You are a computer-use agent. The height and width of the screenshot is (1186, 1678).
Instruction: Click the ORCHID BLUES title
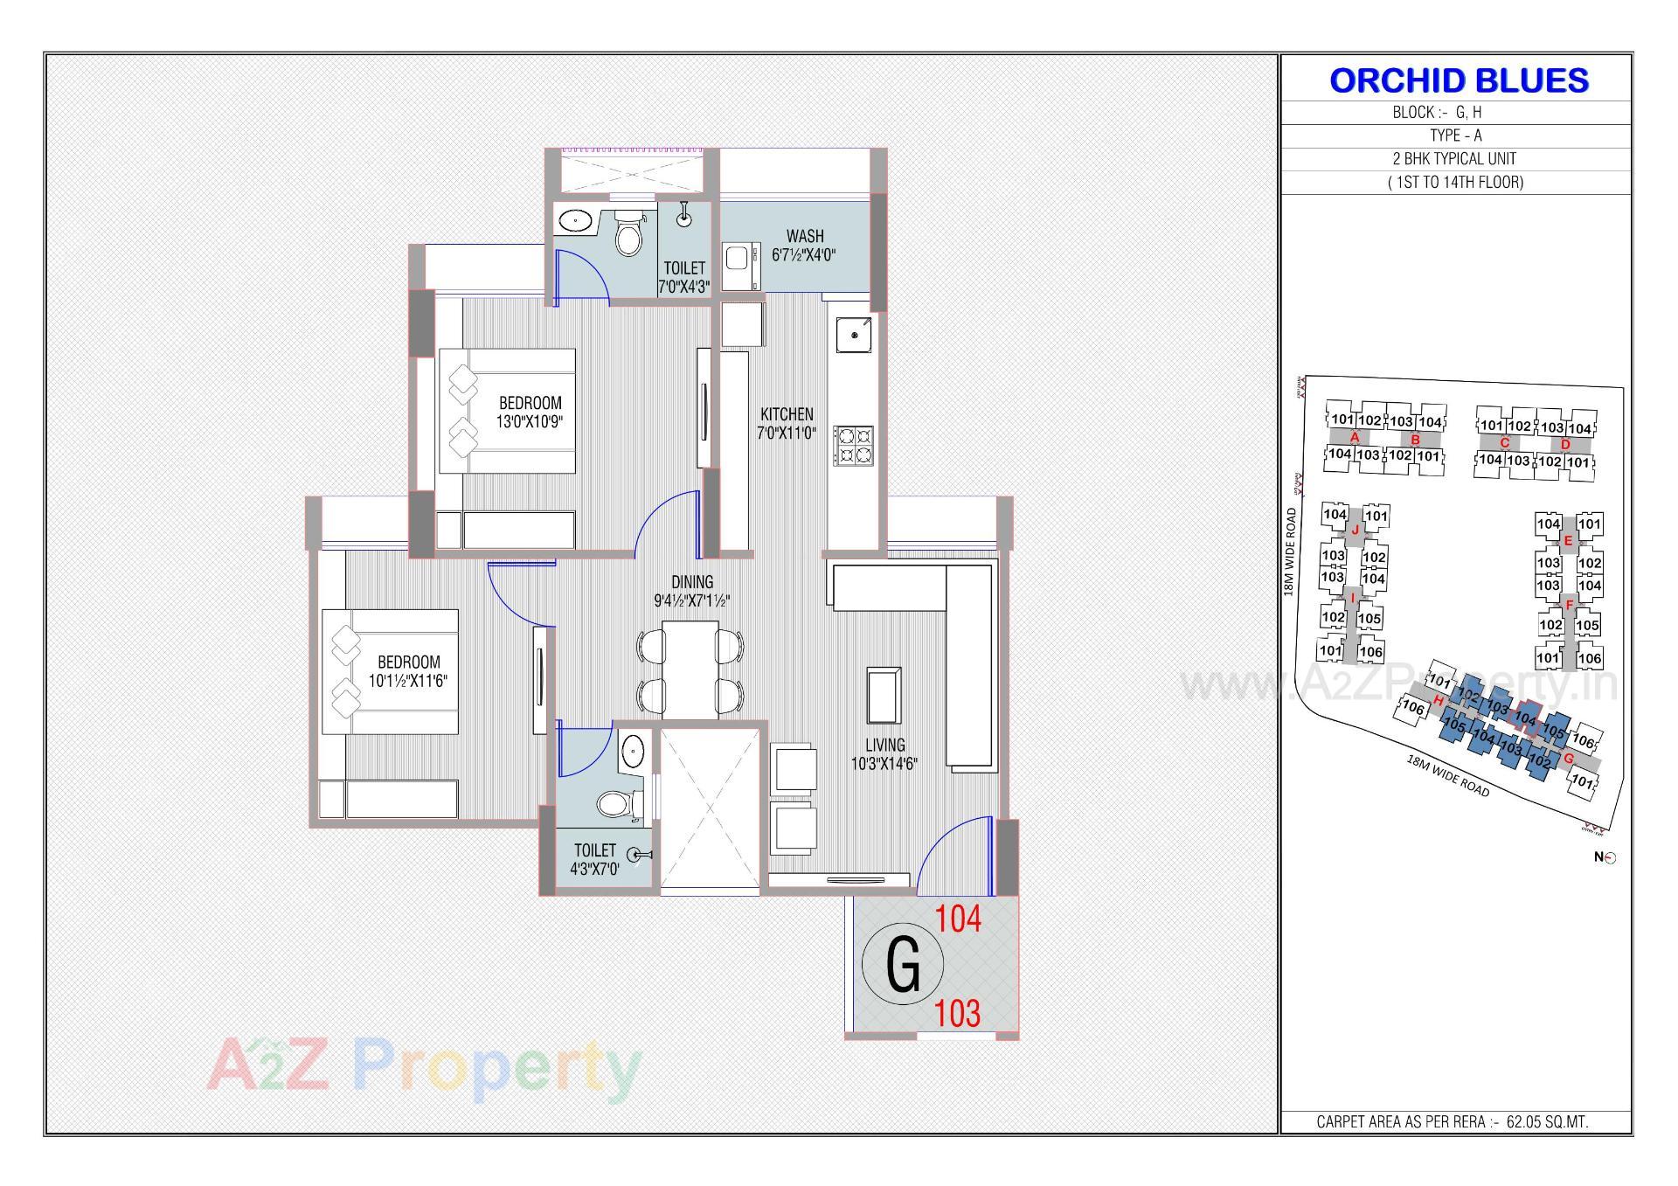pyautogui.click(x=1458, y=80)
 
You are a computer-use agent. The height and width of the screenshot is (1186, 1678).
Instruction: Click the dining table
pyautogui.click(x=690, y=669)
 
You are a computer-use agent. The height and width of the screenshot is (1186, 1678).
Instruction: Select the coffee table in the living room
pyautogui.click(x=884, y=694)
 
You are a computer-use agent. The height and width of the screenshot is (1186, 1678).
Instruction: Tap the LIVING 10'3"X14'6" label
pyautogui.click(x=884, y=753)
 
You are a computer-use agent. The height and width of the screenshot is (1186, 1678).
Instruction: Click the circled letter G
pyautogui.click(x=903, y=965)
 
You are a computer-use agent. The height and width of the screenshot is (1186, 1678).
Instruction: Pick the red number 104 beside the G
pyautogui.click(x=958, y=919)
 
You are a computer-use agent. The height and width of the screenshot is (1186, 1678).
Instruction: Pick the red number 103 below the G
pyautogui.click(x=958, y=1014)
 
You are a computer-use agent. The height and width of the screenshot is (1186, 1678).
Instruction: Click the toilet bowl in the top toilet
pyautogui.click(x=628, y=234)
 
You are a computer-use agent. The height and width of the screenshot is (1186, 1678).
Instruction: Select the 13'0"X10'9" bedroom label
pyautogui.click(x=530, y=412)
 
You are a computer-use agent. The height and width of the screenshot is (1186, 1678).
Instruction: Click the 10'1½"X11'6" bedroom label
pyautogui.click(x=409, y=671)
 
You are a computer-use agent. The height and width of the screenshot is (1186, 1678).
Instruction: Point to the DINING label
pyautogui.click(x=692, y=582)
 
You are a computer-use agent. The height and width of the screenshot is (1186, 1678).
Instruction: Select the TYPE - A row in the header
pyautogui.click(x=1455, y=135)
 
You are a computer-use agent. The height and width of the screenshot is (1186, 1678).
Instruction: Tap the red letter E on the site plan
pyautogui.click(x=1568, y=541)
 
